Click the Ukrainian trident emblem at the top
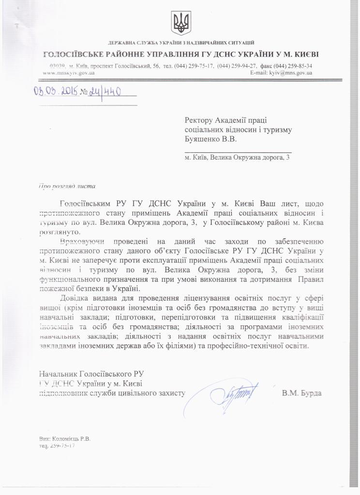[x=181, y=23]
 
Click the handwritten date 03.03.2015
[x=56, y=92]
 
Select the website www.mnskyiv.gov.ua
[x=69, y=73]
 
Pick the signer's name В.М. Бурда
[x=301, y=393]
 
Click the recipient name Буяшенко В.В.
[x=211, y=139]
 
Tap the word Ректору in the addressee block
[x=200, y=120]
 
